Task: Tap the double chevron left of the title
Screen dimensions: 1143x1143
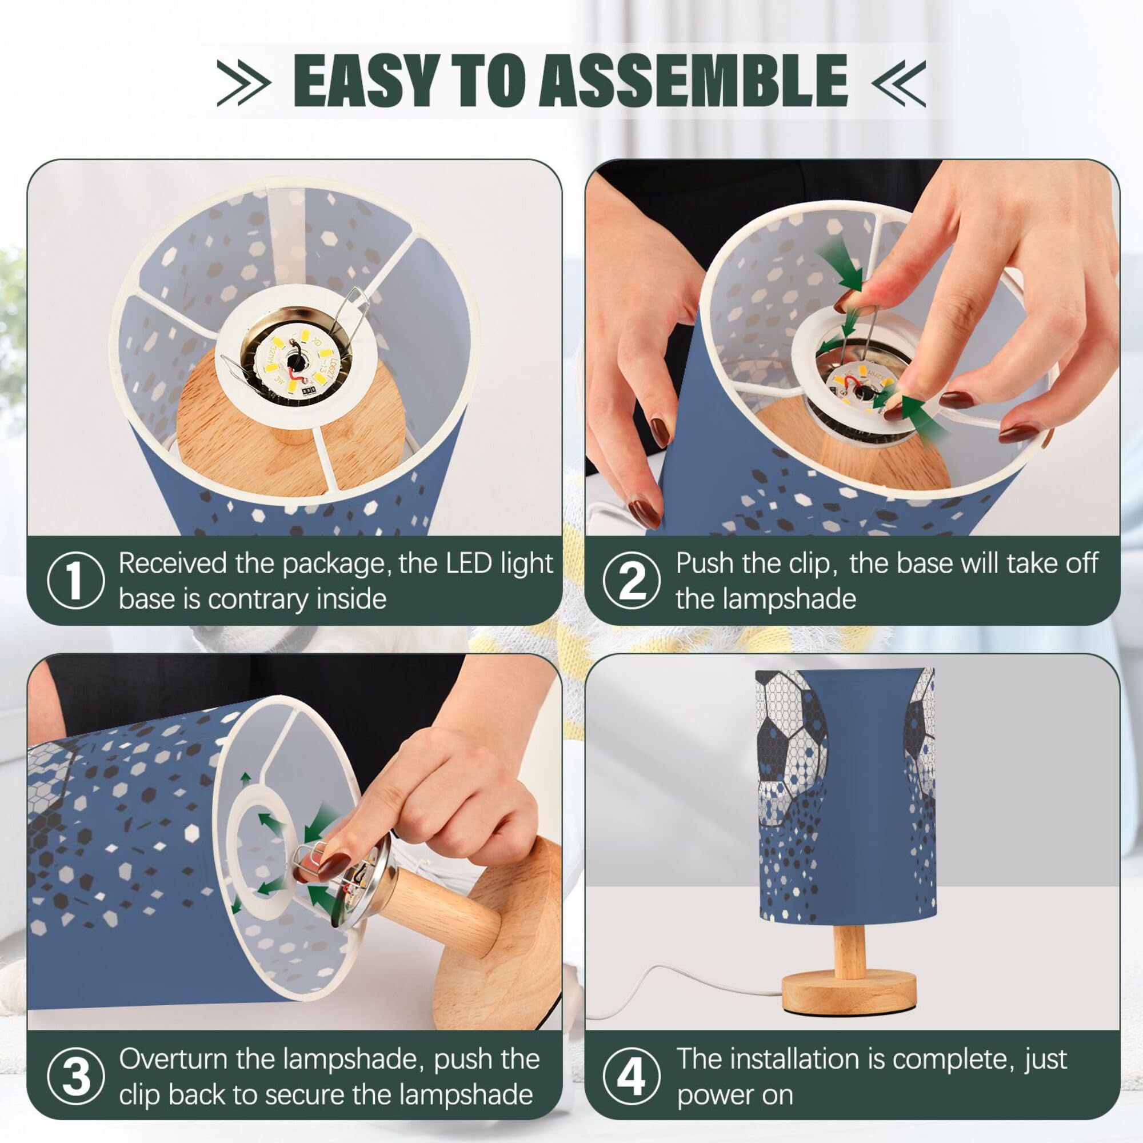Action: pos(244,83)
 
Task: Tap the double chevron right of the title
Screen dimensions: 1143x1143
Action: pos(898,83)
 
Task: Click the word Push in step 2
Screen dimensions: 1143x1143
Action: pos(705,563)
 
